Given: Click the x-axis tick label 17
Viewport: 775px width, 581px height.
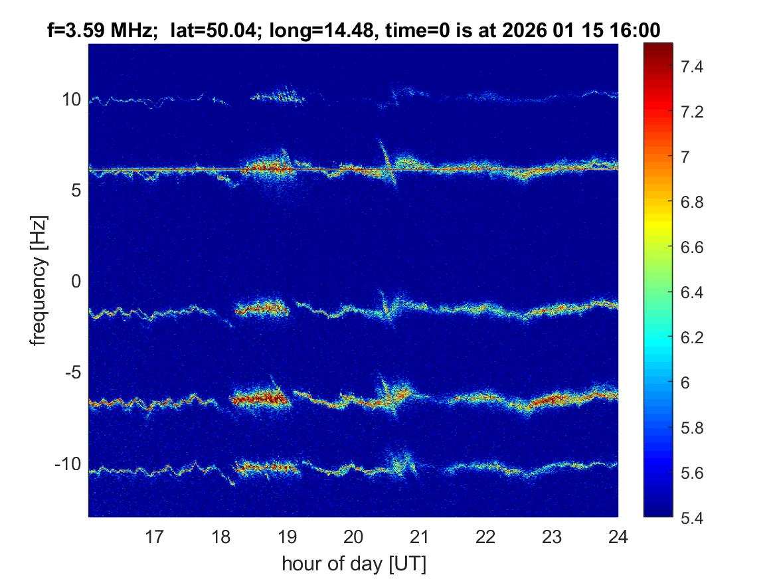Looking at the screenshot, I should [x=155, y=536].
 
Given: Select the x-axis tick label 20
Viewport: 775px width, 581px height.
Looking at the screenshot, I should [x=353, y=536].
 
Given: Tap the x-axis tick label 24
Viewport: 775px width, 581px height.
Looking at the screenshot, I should [x=618, y=536].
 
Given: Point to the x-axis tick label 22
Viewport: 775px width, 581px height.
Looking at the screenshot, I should [x=485, y=536].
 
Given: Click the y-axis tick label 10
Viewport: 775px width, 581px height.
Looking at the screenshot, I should [x=72, y=100].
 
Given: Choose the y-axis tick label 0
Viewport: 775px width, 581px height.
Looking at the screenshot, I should [x=76, y=282].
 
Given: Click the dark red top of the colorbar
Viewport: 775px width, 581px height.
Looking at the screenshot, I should [x=658, y=48].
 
